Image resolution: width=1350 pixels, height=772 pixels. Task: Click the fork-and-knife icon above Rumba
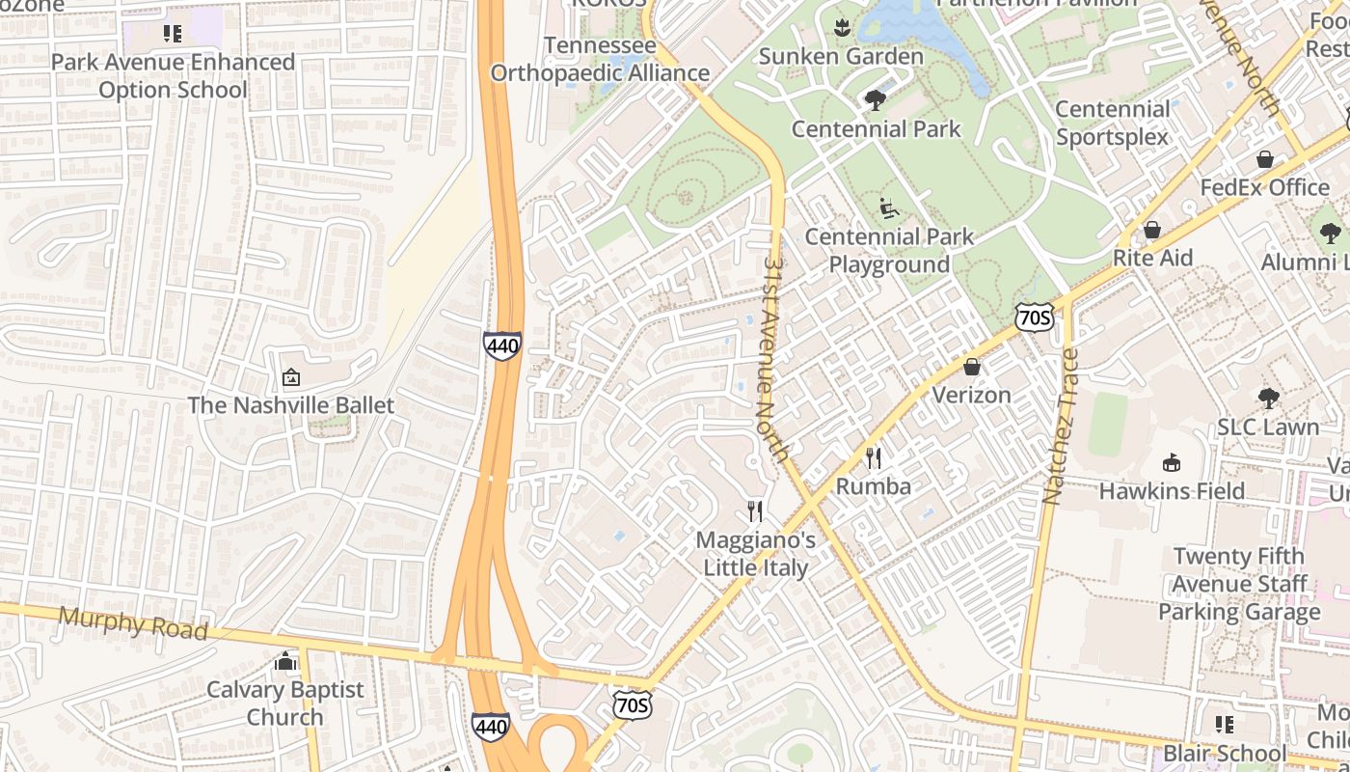pos(874,457)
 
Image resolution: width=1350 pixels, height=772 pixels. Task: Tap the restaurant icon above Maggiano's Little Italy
pos(756,511)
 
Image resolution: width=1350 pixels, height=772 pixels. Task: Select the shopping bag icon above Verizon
pos(972,367)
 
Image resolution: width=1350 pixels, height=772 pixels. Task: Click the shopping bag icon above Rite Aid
pos(1151,230)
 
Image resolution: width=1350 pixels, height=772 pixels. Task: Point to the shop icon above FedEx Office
pos(1264,159)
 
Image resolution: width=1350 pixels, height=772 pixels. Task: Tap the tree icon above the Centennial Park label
pos(876,100)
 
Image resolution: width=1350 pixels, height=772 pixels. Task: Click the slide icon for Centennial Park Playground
pos(888,207)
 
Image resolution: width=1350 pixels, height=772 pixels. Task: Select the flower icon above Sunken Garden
pos(842,28)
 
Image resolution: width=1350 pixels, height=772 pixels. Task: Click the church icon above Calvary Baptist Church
pos(284,661)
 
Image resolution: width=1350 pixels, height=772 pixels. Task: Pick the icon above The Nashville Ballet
pos(290,376)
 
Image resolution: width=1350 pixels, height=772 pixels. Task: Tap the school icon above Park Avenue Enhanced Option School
pos(173,35)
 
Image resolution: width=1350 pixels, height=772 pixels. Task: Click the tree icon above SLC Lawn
pos(1268,398)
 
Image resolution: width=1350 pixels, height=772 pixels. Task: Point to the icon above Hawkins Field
pos(1172,462)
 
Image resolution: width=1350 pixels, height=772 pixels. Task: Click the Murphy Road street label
pos(133,622)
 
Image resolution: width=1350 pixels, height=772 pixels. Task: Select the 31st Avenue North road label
pos(775,357)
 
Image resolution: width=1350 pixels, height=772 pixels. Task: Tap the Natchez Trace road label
pos(1061,426)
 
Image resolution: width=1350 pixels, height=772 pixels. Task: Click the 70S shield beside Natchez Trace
pos(1034,316)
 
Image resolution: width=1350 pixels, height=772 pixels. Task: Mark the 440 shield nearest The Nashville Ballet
pos(502,345)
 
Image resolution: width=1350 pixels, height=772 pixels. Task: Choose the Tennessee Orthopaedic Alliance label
pos(600,60)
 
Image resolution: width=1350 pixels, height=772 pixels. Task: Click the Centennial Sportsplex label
pos(1112,123)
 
